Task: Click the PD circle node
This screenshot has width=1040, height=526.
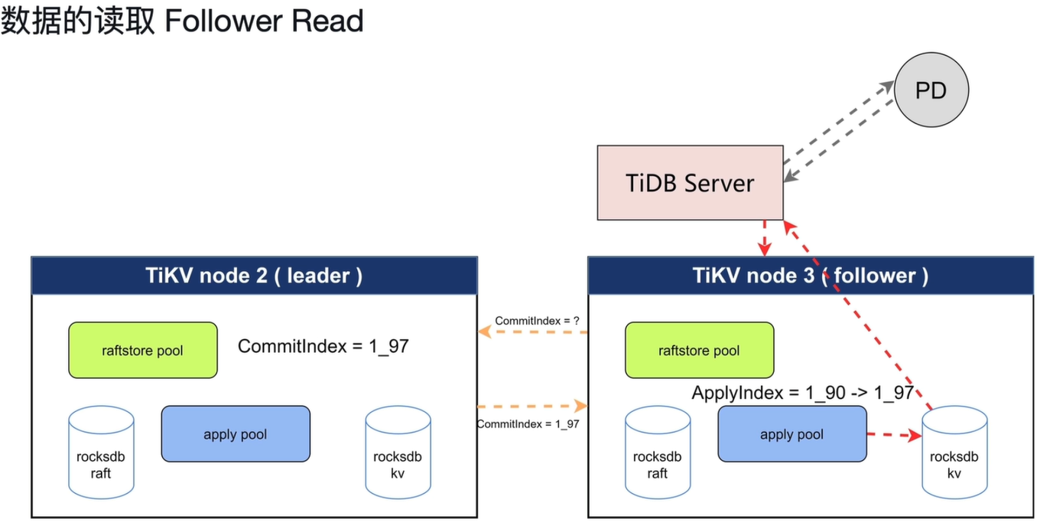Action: click(931, 90)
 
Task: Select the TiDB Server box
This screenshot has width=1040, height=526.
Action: click(690, 183)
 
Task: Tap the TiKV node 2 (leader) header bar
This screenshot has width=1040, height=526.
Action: click(254, 276)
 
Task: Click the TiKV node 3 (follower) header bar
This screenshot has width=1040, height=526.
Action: click(811, 276)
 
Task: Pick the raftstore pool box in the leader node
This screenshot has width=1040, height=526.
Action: click(142, 350)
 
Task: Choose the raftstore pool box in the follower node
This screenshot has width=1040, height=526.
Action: click(699, 350)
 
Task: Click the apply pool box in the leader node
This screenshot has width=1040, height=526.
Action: click(236, 433)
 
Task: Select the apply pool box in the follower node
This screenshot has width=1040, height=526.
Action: click(792, 433)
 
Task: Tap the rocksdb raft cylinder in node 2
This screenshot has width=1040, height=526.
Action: click(101, 452)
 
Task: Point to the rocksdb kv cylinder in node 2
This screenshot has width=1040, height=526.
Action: click(398, 452)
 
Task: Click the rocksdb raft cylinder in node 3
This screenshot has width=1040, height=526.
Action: click(658, 452)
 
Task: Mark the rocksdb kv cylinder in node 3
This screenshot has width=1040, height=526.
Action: click(954, 452)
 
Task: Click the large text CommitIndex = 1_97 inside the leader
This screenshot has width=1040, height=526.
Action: click(323, 346)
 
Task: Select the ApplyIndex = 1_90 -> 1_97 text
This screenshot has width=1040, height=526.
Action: click(803, 393)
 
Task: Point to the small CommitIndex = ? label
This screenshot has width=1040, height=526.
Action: click(537, 321)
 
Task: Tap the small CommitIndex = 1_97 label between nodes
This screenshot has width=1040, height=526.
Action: click(528, 423)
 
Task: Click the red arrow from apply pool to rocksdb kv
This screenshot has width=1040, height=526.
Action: click(894, 435)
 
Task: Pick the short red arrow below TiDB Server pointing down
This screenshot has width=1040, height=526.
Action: click(764, 238)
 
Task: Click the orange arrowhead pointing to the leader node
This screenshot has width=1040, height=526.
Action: click(485, 332)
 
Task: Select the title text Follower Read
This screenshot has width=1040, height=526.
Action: click(264, 21)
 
